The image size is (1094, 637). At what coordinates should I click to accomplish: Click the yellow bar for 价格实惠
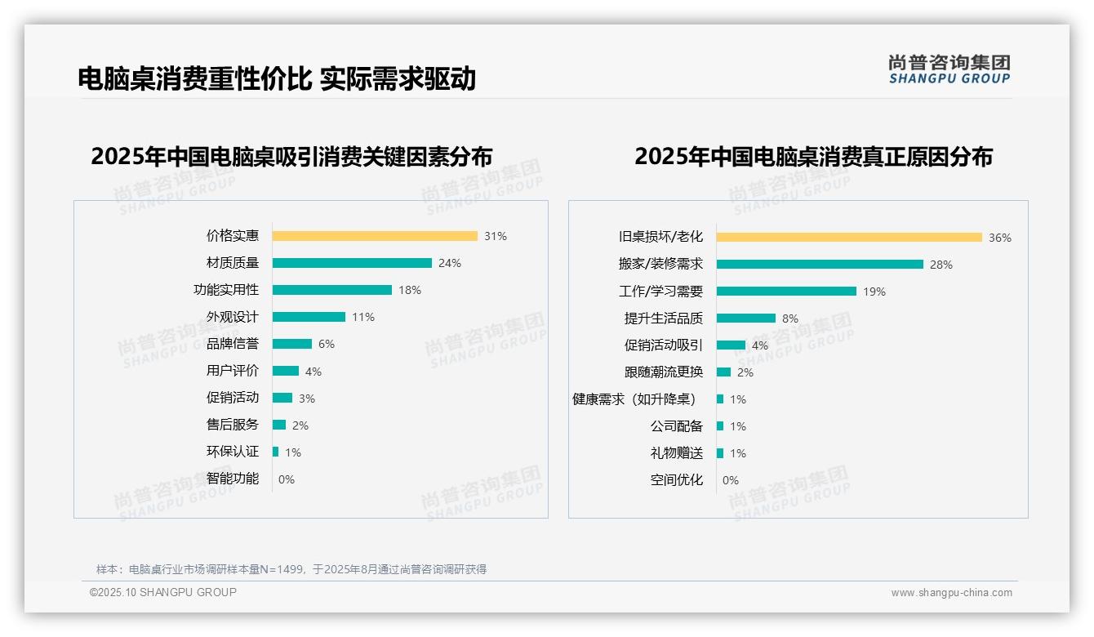coord(375,236)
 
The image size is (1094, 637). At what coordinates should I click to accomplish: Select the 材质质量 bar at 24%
coord(352,263)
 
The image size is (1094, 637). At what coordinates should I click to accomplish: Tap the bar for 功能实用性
coord(332,290)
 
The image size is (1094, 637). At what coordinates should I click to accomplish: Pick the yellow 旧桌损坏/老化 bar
coord(849,238)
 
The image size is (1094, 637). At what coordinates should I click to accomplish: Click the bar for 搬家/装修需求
coord(820,265)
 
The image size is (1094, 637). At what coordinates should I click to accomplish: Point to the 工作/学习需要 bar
coord(786,292)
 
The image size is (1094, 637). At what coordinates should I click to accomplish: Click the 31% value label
coord(495,236)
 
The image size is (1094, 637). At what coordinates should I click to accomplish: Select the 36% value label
coord(999,238)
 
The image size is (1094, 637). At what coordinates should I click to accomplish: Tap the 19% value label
coord(874,292)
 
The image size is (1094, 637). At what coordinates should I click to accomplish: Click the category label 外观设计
coord(233,317)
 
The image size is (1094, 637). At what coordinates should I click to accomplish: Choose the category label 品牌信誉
coord(233,344)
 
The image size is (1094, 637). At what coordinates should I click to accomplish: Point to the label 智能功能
coord(233,479)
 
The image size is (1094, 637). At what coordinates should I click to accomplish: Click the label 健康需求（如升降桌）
coord(634,399)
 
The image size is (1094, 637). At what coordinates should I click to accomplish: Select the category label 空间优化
coord(677,480)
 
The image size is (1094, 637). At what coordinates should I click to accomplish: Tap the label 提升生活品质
coord(664,318)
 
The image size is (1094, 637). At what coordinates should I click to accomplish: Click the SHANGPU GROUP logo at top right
coord(949,69)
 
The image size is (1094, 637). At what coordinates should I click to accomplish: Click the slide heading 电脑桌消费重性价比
coord(194,78)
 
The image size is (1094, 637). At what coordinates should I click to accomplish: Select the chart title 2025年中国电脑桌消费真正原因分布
coord(813,157)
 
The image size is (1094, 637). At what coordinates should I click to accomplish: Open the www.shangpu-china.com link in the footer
coord(951,593)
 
